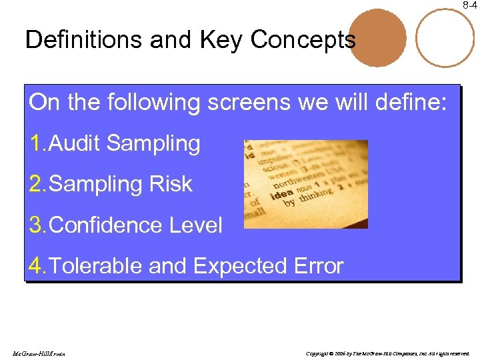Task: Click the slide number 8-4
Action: pyautogui.click(x=470, y=5)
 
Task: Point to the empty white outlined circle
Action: pyautogui.click(x=445, y=37)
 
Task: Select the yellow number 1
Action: pyautogui.click(x=36, y=143)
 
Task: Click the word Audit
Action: pyautogui.click(x=75, y=143)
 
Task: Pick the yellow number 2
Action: pyautogui.click(x=36, y=184)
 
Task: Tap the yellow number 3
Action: pyautogui.click(x=36, y=225)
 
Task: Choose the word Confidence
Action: pyautogui.click(x=104, y=225)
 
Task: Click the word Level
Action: pyautogui.click(x=194, y=225)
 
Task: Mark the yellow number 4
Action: pyautogui.click(x=36, y=266)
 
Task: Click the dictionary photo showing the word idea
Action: pyautogui.click(x=305, y=184)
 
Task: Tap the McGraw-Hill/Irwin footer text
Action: pyautogui.click(x=39, y=353)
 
